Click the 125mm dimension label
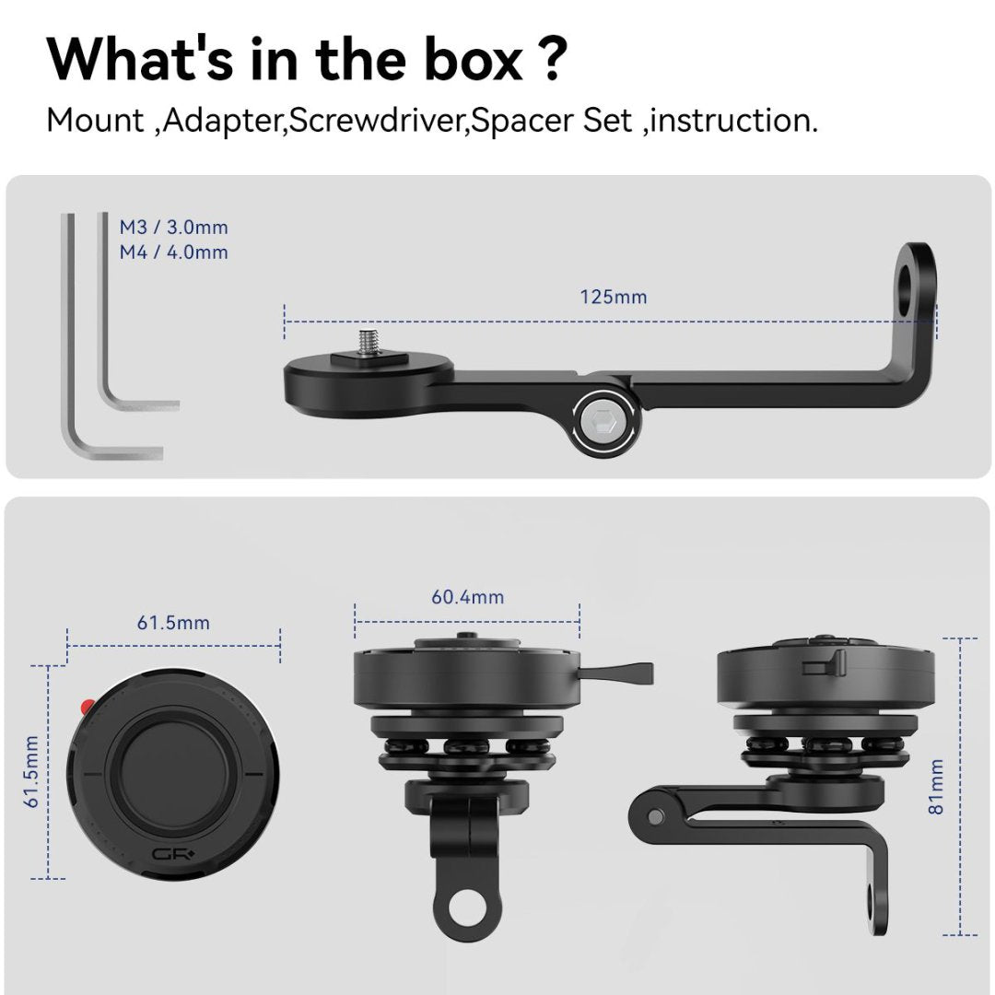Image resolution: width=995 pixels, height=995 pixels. pos(613,297)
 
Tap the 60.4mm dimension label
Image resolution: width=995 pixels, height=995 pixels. pos(468,597)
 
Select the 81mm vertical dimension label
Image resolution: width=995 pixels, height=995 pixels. pos(936,787)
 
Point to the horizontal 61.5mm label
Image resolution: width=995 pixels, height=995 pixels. pos(173,623)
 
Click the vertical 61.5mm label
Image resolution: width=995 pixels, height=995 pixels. pos(31,772)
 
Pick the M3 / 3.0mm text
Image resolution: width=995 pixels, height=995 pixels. pos(174,228)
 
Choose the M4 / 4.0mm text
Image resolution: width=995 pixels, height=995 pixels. pos(174,252)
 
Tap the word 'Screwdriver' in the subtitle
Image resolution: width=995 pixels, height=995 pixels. pos(379,120)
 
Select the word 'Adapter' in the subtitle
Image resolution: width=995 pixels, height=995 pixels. pos(221,122)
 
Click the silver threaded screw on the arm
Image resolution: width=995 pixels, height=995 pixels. pos(370,344)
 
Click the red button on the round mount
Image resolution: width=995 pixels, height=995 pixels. pos(87,706)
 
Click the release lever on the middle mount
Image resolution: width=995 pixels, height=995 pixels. pos(616,672)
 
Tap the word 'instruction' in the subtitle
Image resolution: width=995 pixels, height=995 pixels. pos(731,120)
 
